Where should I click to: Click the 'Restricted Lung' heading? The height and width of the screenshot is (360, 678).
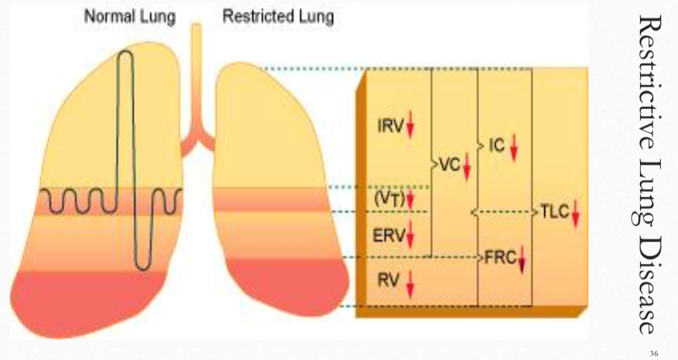click(278, 16)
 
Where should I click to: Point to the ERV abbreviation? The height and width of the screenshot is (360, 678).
click(389, 236)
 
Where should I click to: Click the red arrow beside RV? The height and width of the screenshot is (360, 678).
click(409, 282)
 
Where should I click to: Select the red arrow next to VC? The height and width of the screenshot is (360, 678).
click(467, 165)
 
